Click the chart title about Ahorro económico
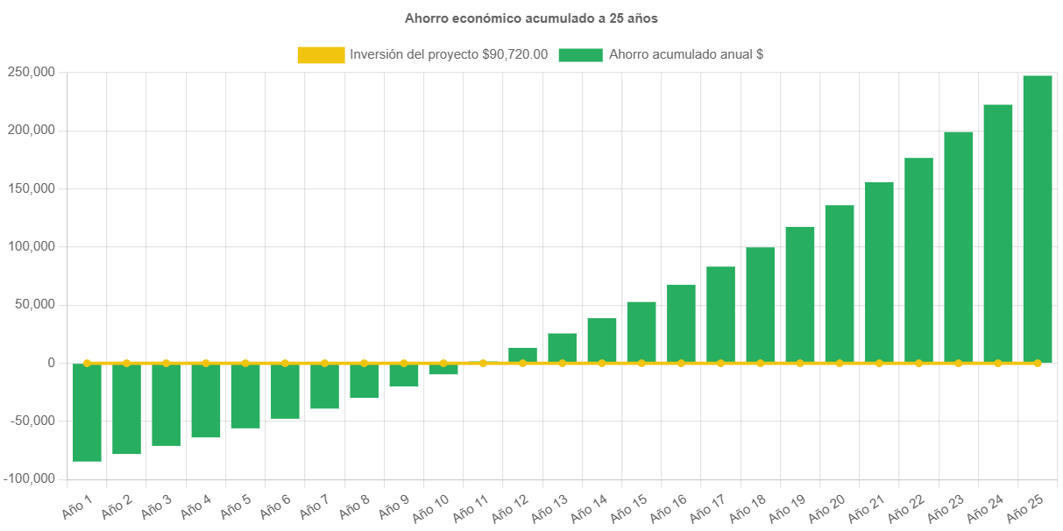[531, 18]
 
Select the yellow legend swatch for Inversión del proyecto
[321, 55]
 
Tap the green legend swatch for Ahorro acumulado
[580, 55]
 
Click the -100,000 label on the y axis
[29, 478]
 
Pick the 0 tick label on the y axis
[52, 363]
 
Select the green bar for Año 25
[1037, 219]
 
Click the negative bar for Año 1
[87, 412]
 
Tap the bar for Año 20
[839, 284]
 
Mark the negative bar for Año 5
[245, 396]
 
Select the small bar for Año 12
[522, 355]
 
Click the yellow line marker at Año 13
[562, 363]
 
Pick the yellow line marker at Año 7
[324, 363]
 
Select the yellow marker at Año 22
[918, 363]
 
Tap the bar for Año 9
[403, 375]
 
